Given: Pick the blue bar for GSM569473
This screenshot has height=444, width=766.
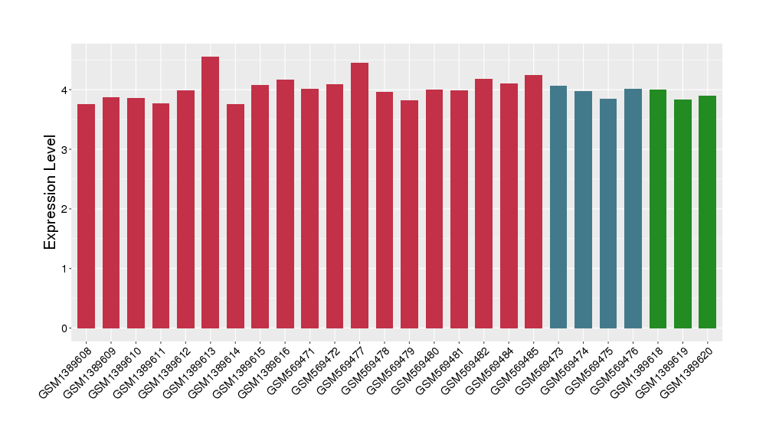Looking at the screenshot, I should point(558,207).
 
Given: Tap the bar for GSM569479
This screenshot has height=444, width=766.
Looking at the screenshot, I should point(409,214).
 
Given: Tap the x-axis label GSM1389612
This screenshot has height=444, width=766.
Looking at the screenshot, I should point(163,368).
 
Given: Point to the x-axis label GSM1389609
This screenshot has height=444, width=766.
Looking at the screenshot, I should point(89,368).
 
